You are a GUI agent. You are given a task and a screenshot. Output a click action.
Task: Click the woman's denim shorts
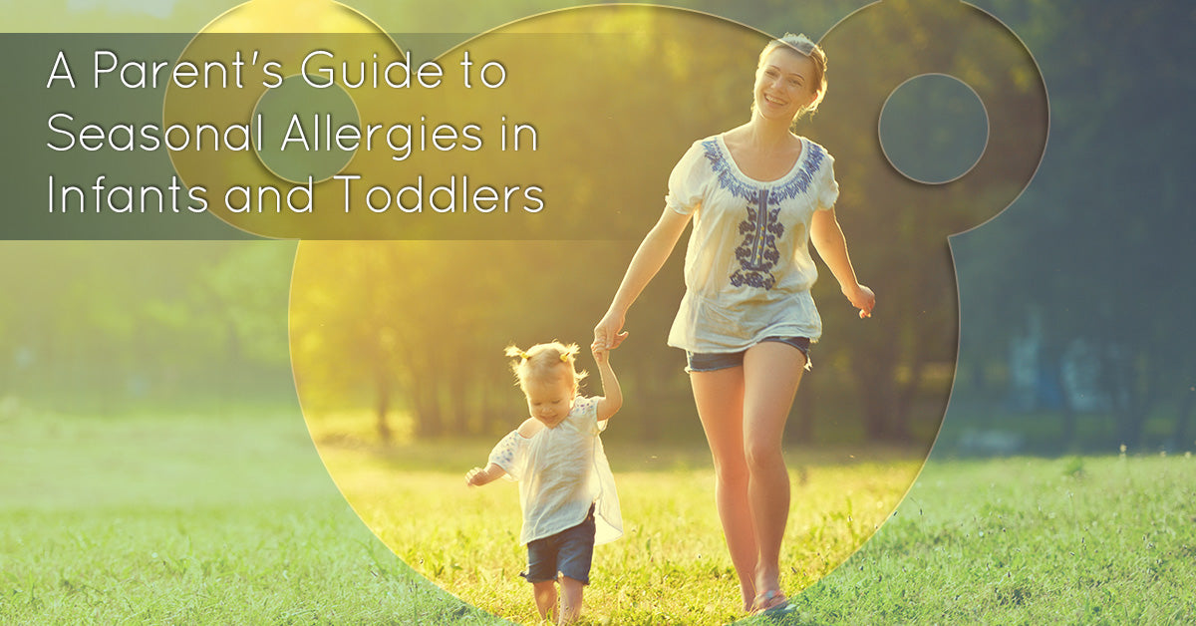coord(747,353)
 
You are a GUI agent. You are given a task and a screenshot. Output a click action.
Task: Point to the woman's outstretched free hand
coord(859,298)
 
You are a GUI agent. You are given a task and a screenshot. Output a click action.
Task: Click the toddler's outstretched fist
coord(475,477)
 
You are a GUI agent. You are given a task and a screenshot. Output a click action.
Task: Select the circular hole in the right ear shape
coord(933,129)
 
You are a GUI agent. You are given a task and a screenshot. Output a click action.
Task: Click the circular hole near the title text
coord(305,130)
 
